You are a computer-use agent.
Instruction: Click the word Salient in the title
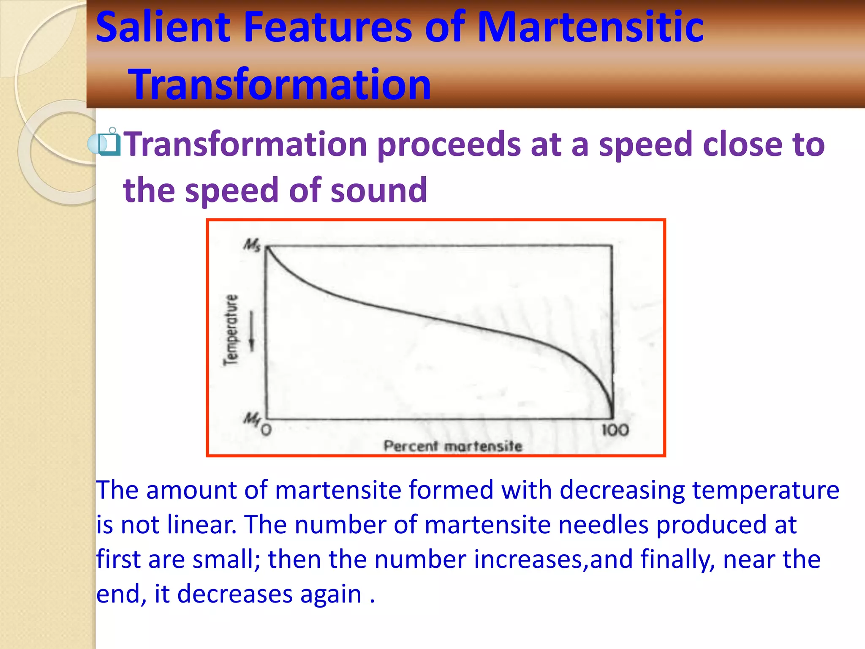(x=163, y=27)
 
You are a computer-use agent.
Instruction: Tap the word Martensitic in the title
(x=590, y=27)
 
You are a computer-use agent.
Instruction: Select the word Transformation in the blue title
(x=280, y=85)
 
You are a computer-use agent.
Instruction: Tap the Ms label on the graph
(x=252, y=245)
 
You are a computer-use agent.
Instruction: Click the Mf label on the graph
(x=252, y=419)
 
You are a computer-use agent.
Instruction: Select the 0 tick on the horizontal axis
(x=266, y=431)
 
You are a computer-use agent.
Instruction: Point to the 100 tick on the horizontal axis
(x=615, y=431)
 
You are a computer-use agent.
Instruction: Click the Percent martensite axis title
(x=453, y=446)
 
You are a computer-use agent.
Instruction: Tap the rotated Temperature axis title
(x=231, y=330)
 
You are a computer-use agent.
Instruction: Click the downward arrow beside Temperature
(x=252, y=332)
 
